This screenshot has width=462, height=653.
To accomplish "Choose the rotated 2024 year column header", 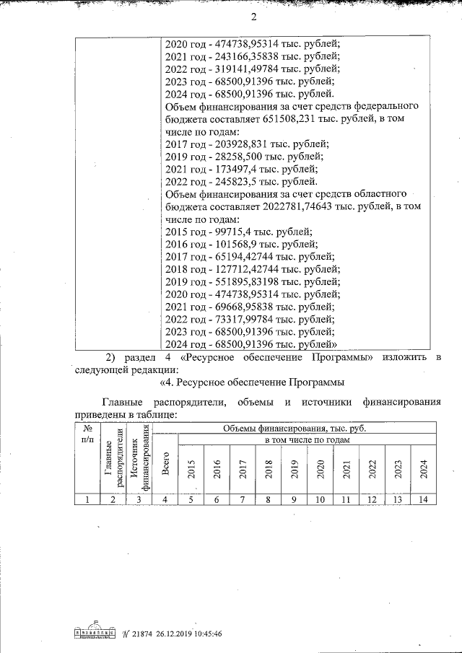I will pyautogui.click(x=423, y=470).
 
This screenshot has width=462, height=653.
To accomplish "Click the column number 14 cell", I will pyautogui.click(x=423, y=499).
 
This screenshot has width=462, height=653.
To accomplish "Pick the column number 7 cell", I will pyautogui.click(x=243, y=499).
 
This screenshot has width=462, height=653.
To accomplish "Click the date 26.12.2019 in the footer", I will pyautogui.click(x=159, y=634).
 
